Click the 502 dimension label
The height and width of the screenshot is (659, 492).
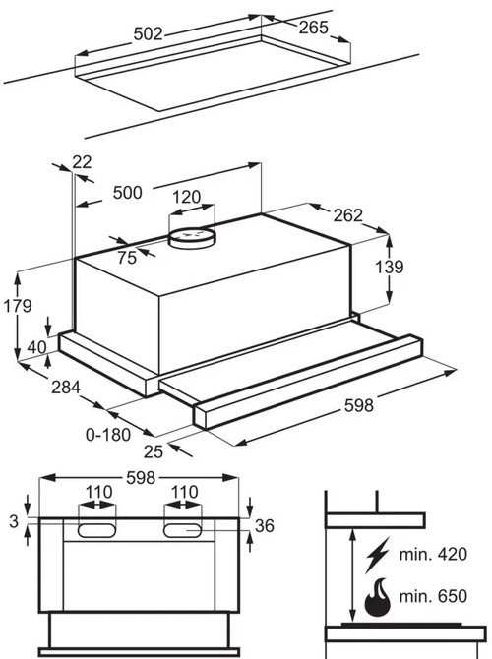[x=148, y=34]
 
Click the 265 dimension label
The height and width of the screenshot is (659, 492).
[x=313, y=28]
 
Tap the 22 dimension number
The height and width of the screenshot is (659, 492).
[x=82, y=162]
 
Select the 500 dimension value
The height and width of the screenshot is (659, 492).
[x=127, y=193]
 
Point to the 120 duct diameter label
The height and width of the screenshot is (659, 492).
[x=186, y=197]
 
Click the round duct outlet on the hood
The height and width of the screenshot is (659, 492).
[x=192, y=238]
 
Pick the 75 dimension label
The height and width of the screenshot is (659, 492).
[x=127, y=258]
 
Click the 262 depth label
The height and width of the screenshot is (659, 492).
[x=347, y=215]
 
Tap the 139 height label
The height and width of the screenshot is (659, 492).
[x=390, y=267]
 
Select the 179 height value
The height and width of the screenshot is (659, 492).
[x=18, y=306]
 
